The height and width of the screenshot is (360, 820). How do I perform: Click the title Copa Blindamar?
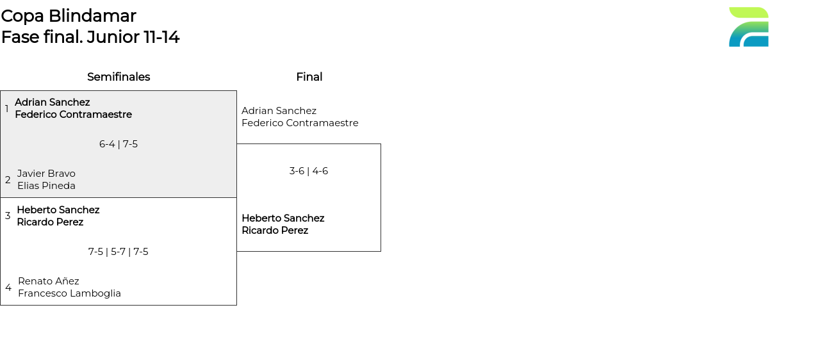click(69, 16)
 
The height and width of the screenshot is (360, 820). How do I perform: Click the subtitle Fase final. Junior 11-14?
click(90, 37)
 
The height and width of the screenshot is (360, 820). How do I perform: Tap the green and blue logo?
click(748, 27)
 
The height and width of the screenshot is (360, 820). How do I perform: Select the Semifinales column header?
click(119, 77)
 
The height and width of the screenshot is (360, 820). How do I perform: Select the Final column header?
click(309, 77)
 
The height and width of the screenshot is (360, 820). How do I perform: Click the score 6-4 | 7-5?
click(119, 144)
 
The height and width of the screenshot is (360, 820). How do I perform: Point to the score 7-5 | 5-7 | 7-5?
click(119, 252)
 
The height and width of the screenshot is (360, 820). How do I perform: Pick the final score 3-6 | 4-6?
click(309, 171)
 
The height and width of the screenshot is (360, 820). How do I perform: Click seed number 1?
click(7, 109)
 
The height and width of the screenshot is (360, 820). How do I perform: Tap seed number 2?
click(8, 180)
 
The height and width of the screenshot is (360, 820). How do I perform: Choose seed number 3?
click(8, 216)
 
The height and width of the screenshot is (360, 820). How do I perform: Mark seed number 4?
click(8, 288)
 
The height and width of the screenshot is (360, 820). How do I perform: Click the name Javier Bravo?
click(46, 174)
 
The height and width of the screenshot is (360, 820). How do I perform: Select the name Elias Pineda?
click(46, 186)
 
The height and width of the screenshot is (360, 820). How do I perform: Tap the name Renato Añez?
click(49, 281)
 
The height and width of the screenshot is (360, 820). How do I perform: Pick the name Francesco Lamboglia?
click(69, 293)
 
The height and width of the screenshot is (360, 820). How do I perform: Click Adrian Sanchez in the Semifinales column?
click(53, 102)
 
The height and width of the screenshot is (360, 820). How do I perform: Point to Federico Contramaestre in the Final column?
click(300, 123)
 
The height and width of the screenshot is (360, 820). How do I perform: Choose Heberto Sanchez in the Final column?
click(283, 218)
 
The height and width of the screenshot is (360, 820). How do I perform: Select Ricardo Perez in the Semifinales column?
click(50, 222)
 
